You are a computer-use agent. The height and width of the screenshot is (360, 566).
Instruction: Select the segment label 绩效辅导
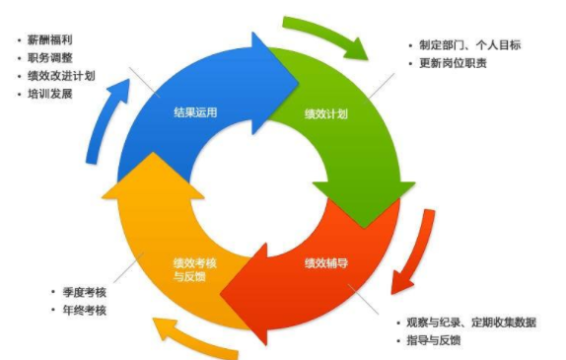tap(322, 263)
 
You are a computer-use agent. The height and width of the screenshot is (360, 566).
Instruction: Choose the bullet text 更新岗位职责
tap(452, 63)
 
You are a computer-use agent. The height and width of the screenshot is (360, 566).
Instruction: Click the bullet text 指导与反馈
tap(440, 340)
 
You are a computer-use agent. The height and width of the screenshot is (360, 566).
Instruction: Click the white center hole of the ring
tap(257, 185)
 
